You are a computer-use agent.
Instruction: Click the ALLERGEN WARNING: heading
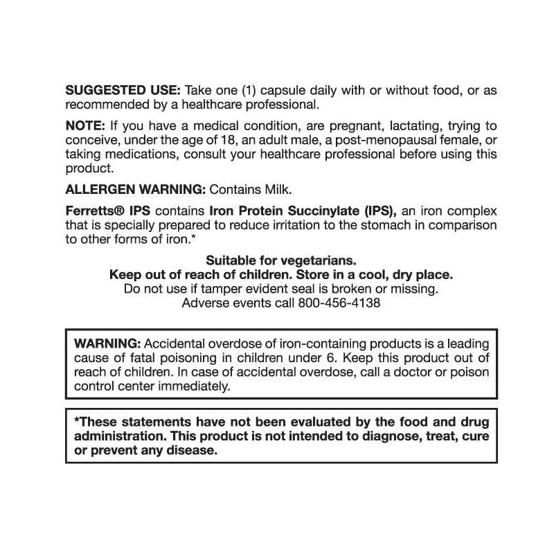point(136,188)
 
